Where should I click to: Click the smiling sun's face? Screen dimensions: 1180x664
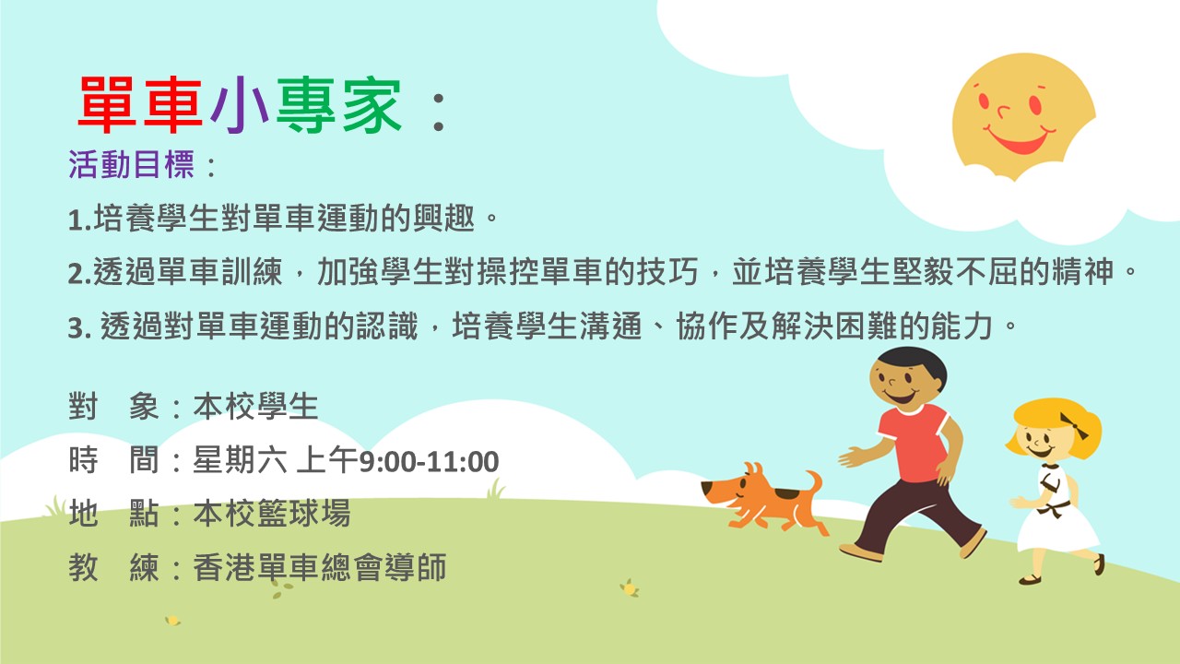(1023, 116)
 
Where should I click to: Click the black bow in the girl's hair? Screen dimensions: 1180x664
(1075, 426)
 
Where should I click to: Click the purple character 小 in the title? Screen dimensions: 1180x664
(240, 104)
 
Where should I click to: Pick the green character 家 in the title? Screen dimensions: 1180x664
(372, 104)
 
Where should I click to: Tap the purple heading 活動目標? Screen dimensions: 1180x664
(131, 164)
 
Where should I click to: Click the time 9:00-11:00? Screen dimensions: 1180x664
(429, 462)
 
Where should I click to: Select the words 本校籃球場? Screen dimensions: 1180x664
(272, 514)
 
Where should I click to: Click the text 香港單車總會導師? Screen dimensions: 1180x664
(320, 567)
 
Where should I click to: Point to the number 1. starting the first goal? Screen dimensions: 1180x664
(80, 219)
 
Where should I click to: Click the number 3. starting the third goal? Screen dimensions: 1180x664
(80, 327)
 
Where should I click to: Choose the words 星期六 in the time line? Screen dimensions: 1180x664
(241, 459)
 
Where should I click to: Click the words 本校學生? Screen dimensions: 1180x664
(256, 407)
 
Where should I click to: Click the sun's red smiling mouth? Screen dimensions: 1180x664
(1020, 139)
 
